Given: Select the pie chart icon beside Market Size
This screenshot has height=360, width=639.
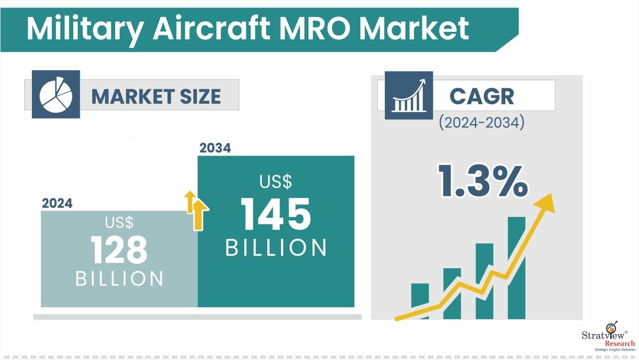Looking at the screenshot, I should pos(55,94).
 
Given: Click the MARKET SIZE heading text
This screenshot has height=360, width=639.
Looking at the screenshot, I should pos(156,96).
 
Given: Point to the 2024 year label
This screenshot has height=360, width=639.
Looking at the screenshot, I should pos(57,203).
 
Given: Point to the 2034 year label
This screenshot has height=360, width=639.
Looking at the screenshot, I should pos(215,148).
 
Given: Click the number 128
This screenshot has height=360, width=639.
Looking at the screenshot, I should pos(119,250).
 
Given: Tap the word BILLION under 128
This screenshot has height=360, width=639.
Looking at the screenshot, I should pos(119,279).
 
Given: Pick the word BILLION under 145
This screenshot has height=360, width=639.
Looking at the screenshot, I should pos(276,248).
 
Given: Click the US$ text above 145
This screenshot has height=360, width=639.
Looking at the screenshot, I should pos(276,181).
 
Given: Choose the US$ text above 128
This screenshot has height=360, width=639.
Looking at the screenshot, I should pos(119,222).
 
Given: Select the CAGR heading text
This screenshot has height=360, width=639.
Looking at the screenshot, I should pos(481,96).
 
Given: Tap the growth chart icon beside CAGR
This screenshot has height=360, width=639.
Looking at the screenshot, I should pos(408,95).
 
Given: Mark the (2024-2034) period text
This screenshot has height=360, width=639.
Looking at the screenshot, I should pos(481,123).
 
